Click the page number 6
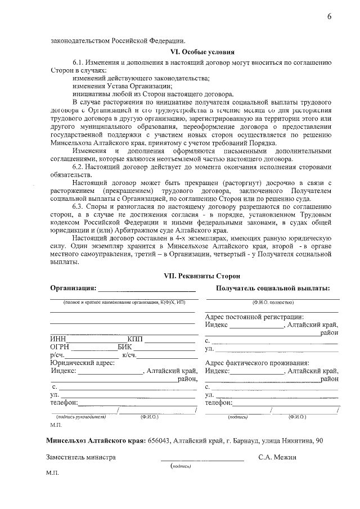coord(330,16)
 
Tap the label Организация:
coord(73,289)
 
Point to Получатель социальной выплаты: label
coord(273,289)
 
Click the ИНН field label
coord(58,339)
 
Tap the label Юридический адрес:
coord(83,363)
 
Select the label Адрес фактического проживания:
coord(257,363)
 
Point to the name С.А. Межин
coord(277,457)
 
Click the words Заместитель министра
coord(81,457)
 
